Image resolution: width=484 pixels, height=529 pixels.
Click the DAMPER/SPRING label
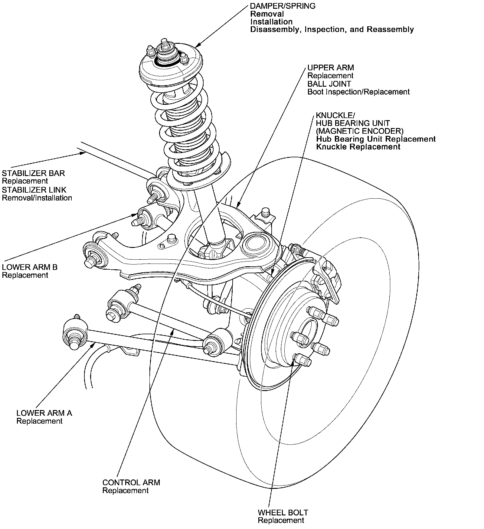(x=283, y=6)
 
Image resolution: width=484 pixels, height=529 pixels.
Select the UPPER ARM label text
(x=330, y=68)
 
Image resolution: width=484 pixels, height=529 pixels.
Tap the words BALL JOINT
(x=329, y=84)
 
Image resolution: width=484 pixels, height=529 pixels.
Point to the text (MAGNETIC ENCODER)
(x=360, y=131)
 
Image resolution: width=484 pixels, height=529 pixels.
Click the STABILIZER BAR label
(x=33, y=173)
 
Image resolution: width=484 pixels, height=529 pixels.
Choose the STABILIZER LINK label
(x=34, y=190)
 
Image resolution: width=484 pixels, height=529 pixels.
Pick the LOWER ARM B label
(x=30, y=267)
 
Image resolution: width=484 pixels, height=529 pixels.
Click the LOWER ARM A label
(x=44, y=413)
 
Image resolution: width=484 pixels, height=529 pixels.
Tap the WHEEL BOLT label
(x=283, y=513)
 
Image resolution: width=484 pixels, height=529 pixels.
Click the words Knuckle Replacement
(x=358, y=147)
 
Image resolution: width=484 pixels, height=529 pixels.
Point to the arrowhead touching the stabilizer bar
(x=83, y=153)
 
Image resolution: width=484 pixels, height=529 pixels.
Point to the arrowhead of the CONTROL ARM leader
(x=172, y=332)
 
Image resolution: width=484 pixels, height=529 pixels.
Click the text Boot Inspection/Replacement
(x=358, y=92)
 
